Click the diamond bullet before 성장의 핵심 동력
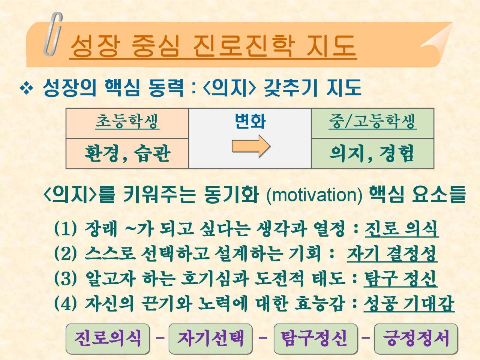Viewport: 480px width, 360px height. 27,88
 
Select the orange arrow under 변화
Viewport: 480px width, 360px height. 251,146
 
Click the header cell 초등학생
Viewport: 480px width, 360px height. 127,123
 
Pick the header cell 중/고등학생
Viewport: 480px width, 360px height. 372,123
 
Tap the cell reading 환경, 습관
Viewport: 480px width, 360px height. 127,154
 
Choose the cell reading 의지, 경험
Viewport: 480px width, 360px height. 372,154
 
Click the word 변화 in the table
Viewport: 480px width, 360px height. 250,121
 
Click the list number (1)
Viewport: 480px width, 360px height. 65,229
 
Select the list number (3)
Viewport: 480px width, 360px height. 65,279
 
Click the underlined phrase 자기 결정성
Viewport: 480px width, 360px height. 392,253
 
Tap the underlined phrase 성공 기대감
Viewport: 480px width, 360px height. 409,304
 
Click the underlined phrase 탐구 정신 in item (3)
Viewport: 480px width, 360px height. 400,279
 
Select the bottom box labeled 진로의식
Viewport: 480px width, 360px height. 108,339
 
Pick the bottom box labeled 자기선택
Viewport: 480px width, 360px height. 211,339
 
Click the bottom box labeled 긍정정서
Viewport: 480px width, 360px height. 416,339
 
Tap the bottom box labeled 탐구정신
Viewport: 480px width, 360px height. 316,339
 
